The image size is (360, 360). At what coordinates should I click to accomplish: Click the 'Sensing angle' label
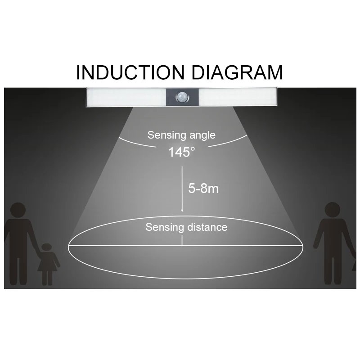[181, 135]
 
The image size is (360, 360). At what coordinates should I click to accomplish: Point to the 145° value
[182, 152]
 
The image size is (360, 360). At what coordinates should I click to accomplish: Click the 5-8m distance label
[203, 188]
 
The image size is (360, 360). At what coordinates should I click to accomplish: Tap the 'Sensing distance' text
[186, 227]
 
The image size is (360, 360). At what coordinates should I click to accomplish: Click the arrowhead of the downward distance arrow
[182, 209]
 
